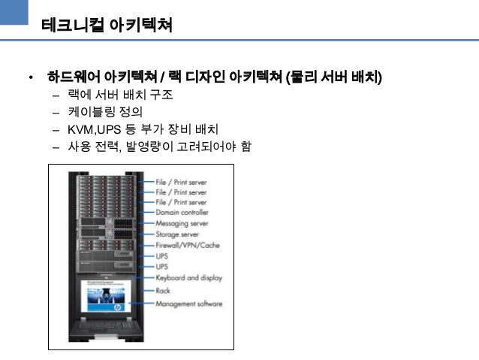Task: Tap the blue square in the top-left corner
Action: (x=14, y=14)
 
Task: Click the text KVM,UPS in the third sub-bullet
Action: (x=95, y=129)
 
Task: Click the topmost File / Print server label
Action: (x=181, y=182)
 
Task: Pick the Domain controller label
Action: (x=182, y=213)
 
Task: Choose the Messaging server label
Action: (x=182, y=224)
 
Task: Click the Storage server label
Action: (x=177, y=234)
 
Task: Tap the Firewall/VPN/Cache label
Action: (x=187, y=246)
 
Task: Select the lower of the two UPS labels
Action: (x=162, y=267)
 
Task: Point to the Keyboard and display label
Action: (x=188, y=277)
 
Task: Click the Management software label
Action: (x=188, y=304)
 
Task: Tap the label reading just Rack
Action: (x=163, y=290)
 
